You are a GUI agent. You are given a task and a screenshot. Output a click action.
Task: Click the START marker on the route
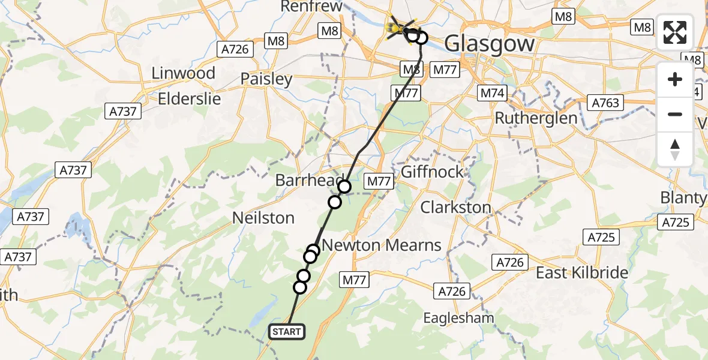click(287, 332)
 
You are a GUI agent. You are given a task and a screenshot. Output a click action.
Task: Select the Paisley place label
click(266, 79)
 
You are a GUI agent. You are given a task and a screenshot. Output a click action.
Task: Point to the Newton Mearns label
click(382, 245)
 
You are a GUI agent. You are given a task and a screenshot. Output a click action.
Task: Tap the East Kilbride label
click(581, 273)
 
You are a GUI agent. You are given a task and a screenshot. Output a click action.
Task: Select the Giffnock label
click(432, 172)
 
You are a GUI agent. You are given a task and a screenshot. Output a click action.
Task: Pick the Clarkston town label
click(455, 208)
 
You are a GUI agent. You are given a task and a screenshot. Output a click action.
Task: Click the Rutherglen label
click(536, 118)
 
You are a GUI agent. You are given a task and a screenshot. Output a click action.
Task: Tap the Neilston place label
click(263, 218)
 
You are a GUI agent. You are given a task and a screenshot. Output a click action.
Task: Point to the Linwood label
click(183, 73)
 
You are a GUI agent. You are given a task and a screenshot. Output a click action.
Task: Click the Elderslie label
click(189, 98)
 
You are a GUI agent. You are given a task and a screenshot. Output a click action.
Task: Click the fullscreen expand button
click(675, 32)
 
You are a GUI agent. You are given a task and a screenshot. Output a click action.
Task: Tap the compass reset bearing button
click(675, 149)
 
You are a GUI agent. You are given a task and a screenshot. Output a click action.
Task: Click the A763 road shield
click(604, 103)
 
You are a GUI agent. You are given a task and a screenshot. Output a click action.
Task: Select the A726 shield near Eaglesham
click(451, 292)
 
